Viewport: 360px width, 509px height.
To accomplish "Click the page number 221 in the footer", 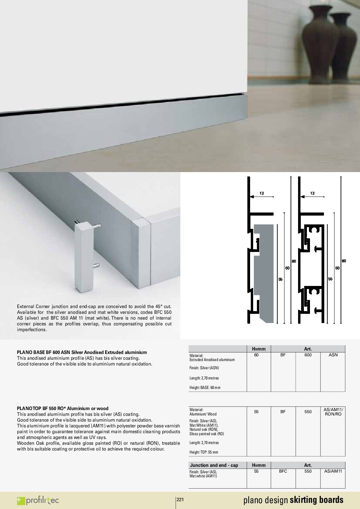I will coord(180,499).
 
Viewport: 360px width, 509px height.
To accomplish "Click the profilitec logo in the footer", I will coord(38,500).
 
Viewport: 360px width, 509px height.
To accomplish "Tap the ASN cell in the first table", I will coord(333,355).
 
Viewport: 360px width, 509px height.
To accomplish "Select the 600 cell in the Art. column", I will coord(308,355).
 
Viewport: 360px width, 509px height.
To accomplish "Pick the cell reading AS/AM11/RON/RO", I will coord(333,412).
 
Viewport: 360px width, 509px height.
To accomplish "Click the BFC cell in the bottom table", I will coord(283,471).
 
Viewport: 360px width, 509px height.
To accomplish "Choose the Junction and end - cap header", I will coord(214,465).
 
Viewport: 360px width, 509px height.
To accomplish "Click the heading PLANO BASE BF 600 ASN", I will coord(82,352).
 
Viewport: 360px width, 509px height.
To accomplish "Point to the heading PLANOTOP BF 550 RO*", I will coord(63,408).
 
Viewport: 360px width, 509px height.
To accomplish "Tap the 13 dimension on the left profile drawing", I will coord(261,193).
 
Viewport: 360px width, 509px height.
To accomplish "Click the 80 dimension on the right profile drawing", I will coord(344,261).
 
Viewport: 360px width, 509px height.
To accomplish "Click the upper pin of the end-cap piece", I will coord(97,225).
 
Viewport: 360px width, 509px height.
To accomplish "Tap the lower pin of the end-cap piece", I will coord(96,265).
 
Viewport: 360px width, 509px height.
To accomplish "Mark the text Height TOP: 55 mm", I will coord(204,452).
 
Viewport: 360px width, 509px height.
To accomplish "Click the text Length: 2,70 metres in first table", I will coord(204,378).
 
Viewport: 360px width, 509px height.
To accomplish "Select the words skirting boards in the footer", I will coord(316,500).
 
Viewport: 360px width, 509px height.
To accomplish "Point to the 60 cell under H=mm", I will coord(256,355).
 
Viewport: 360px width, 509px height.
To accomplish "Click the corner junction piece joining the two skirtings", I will coord(141,252).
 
